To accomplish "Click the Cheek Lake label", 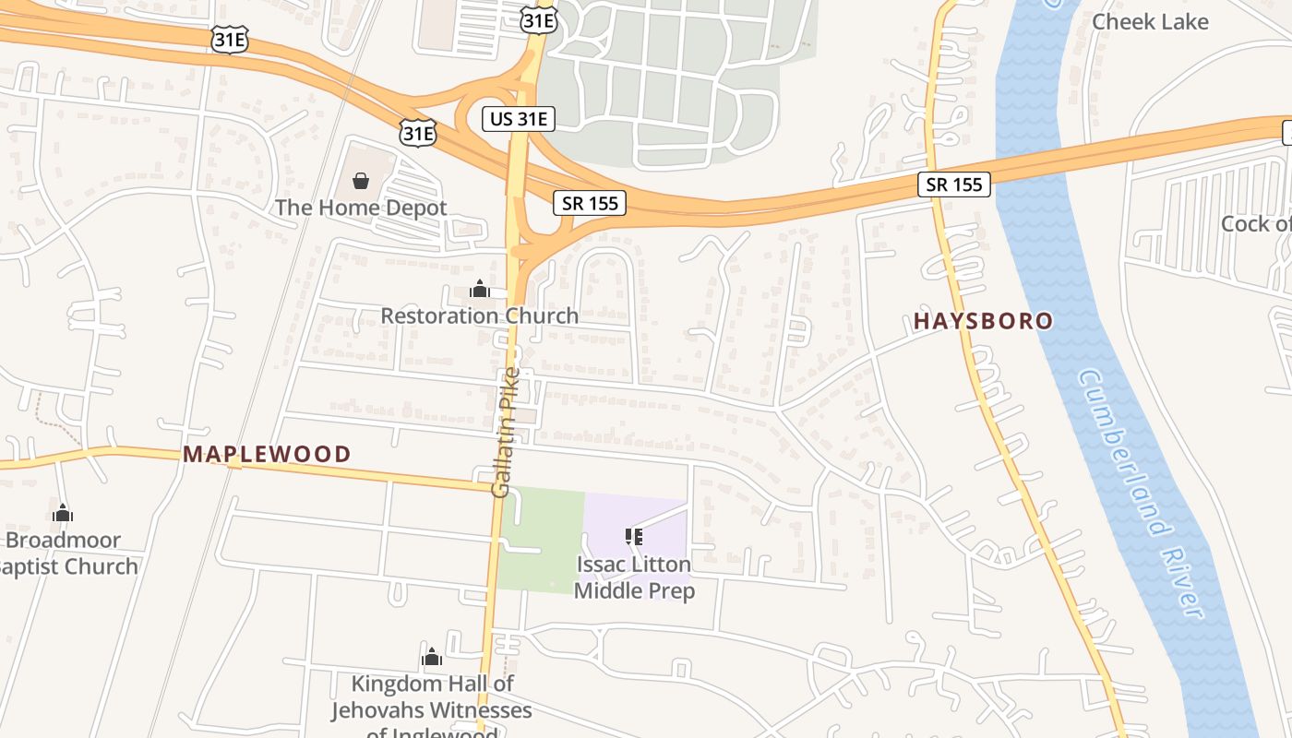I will pos(1149,21).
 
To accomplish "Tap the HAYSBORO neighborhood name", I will pos(983,321).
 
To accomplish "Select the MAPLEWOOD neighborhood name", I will pos(267,454).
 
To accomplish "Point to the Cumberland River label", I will pos(1141,494).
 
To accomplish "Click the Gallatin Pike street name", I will pos(507,432).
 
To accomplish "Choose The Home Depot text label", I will pos(361,208).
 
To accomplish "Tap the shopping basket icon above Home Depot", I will pos(361,180).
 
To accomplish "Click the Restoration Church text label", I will pos(479,315).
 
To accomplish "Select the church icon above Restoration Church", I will pos(479,290).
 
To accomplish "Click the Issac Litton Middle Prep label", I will pos(634,577).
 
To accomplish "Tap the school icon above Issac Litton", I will pos(634,536).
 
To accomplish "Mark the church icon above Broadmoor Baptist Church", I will pos(63,514).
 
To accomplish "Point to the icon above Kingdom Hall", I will pos(431,658).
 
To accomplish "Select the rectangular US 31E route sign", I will pos(519,118).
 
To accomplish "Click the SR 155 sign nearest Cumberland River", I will pos(954,184).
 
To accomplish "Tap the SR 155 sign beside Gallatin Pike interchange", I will pos(591,203).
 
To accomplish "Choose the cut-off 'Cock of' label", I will pos(1256,223).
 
